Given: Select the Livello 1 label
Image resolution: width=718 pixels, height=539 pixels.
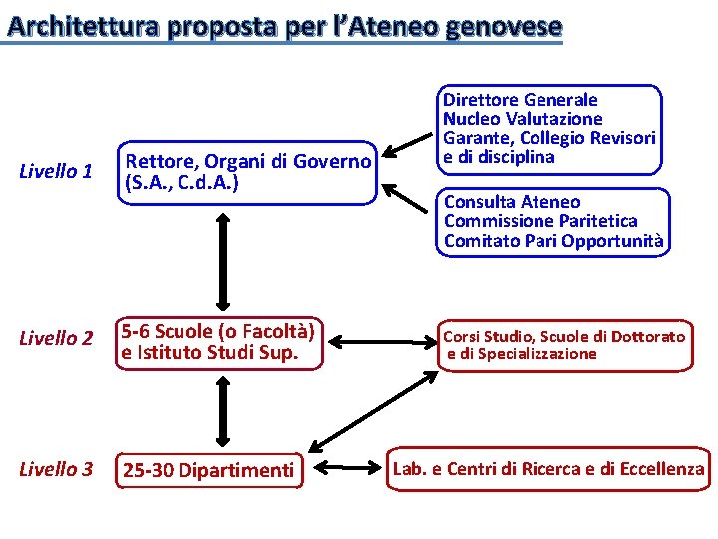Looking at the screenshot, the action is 56,172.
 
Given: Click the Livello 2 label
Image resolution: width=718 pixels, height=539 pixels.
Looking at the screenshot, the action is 56,339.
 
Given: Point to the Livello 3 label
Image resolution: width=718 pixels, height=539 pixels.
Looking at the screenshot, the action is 56,468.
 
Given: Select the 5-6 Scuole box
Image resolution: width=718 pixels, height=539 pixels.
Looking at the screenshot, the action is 219,341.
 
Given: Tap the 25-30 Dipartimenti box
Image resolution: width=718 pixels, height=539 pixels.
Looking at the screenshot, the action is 208,470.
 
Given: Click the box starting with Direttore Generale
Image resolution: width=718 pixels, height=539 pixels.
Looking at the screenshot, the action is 549,128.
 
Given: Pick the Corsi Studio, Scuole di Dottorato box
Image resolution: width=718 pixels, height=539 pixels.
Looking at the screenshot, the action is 563,345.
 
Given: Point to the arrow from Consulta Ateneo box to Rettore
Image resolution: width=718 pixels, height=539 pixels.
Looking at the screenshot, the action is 407,197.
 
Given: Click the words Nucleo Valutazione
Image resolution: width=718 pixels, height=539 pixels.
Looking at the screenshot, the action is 523,119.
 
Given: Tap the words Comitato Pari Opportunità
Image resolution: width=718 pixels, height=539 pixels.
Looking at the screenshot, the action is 553,240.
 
